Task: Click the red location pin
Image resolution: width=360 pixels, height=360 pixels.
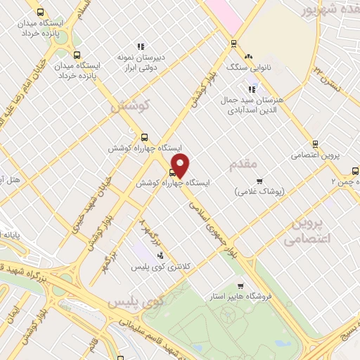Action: click(x=181, y=166)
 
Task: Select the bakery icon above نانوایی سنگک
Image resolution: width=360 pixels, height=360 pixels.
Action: click(x=247, y=56)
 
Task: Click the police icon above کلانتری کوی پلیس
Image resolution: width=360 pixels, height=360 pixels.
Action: click(x=161, y=256)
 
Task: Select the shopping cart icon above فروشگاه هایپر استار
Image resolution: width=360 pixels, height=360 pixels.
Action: click(x=240, y=286)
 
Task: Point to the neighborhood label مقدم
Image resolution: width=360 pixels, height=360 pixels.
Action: click(x=245, y=164)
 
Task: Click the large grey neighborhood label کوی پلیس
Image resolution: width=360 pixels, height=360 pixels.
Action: click(x=135, y=302)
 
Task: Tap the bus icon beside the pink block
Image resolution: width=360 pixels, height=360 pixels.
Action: click(x=233, y=43)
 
